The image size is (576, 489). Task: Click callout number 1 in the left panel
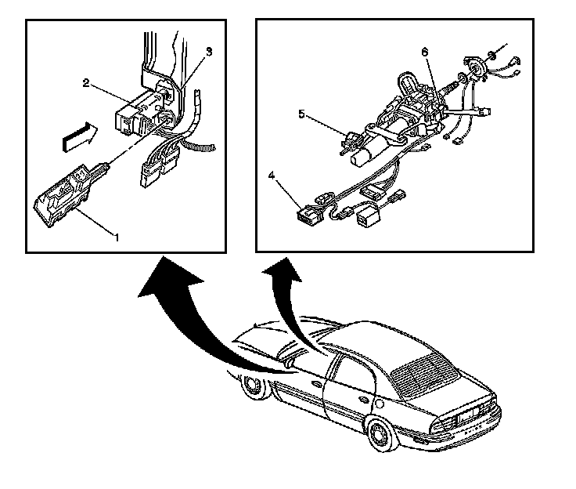coord(117,235)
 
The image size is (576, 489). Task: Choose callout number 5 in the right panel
coord(302,114)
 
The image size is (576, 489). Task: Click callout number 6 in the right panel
coord(425,53)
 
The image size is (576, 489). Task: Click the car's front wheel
coord(254,386)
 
